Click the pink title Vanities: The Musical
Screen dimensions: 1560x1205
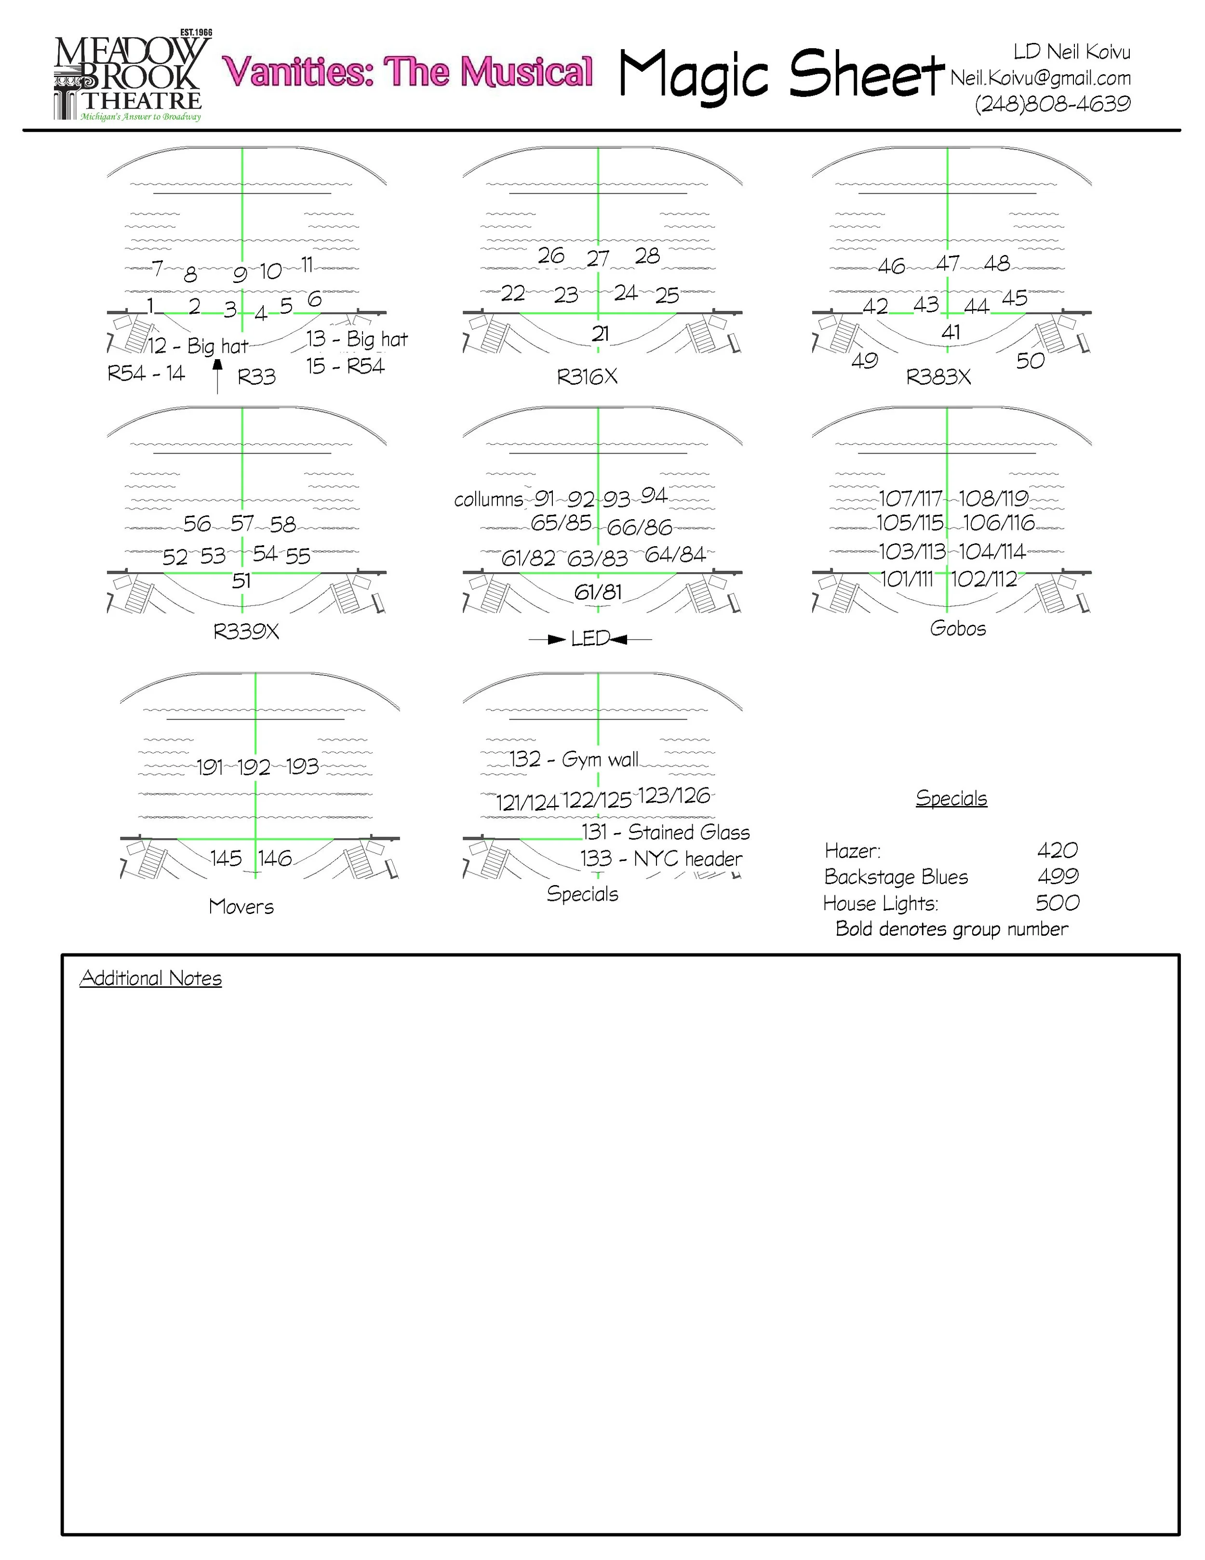coord(407,71)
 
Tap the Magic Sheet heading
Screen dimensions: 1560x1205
coord(781,74)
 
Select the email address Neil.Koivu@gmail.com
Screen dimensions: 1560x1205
coord(1040,78)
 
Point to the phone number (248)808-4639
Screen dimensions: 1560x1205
coord(1052,104)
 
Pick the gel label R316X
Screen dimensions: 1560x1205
coord(587,377)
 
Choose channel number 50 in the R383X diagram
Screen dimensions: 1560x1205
coord(1030,361)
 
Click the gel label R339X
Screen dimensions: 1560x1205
coord(246,632)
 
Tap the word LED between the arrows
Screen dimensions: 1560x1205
coord(590,639)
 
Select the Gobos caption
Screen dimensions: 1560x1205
coord(957,629)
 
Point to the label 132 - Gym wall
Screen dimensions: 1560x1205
coord(574,759)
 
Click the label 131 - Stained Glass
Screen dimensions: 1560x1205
coord(665,832)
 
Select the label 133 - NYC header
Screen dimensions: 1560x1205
coord(661,859)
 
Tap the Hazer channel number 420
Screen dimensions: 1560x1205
coord(1057,850)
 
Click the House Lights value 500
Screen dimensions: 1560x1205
coord(1057,903)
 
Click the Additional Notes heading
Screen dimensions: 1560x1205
coord(151,978)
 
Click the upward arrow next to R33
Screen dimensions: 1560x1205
coord(218,376)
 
